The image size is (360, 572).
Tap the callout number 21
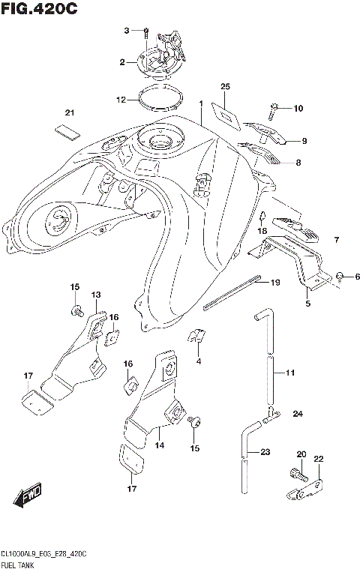point(70,112)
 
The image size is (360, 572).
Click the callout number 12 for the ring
point(121,99)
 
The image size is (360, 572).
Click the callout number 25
point(224,87)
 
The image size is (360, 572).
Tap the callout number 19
point(274,283)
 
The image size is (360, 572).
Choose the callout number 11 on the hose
point(290,371)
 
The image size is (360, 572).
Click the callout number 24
point(298,414)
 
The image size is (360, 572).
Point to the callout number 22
point(318,459)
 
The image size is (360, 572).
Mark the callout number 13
point(96,294)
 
